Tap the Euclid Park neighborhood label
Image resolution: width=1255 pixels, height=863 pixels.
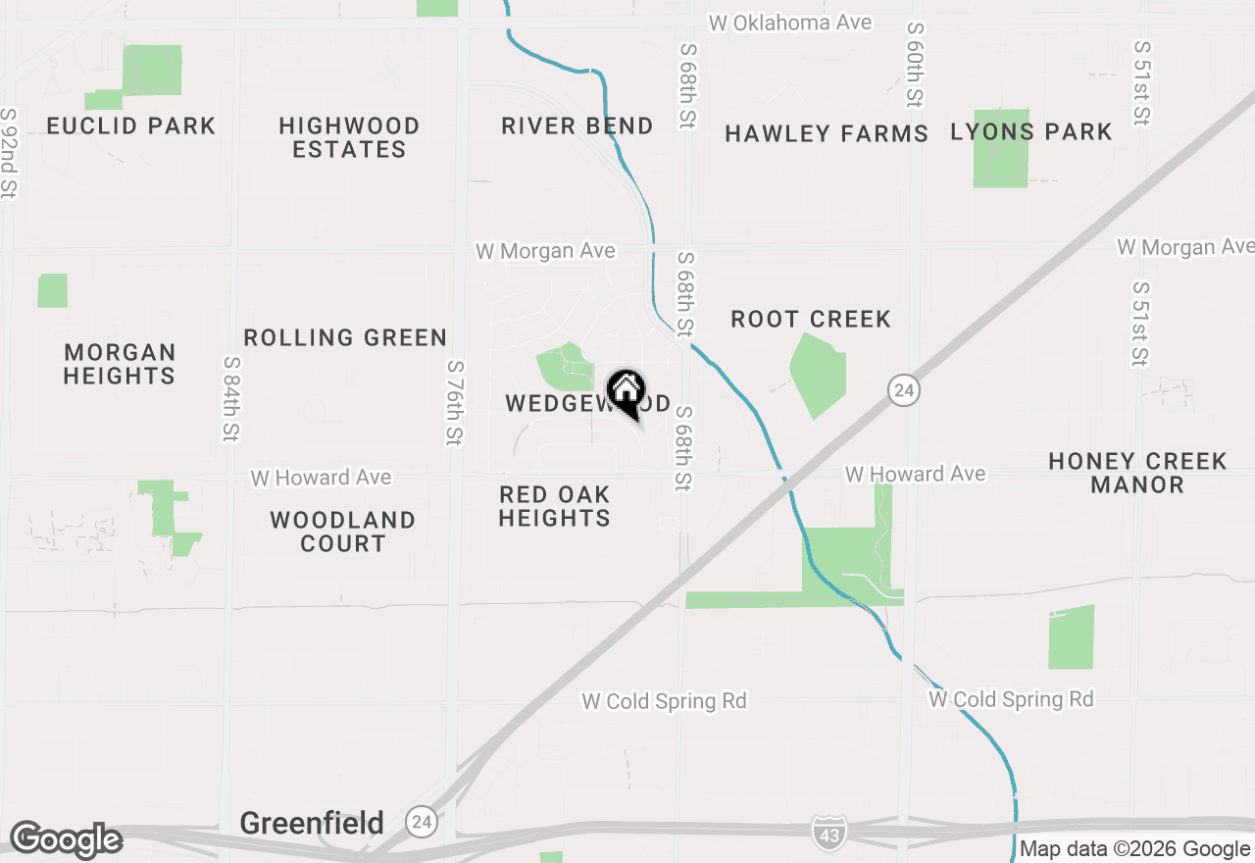(x=131, y=127)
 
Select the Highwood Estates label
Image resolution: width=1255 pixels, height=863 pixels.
(x=349, y=138)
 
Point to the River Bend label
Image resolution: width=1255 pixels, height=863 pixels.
(x=577, y=127)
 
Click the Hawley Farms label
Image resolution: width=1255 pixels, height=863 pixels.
(x=827, y=134)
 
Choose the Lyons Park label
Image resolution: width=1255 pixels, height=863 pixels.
(x=1031, y=132)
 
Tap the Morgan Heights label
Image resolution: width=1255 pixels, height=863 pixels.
(x=120, y=364)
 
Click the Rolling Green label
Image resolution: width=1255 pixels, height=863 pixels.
(x=345, y=338)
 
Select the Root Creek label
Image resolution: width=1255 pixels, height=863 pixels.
(x=811, y=320)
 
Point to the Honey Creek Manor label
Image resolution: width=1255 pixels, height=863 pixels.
(x=1137, y=473)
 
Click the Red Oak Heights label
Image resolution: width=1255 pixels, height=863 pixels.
(x=555, y=506)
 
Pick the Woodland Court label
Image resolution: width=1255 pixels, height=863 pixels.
(x=343, y=532)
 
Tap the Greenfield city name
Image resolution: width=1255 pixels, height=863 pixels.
(x=312, y=823)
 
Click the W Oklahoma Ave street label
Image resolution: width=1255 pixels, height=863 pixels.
(x=790, y=23)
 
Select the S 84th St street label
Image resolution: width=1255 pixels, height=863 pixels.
(x=231, y=398)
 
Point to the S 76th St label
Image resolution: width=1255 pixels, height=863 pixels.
(x=454, y=402)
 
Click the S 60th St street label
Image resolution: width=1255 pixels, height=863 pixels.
(x=915, y=65)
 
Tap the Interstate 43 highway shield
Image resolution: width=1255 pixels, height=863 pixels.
(x=827, y=832)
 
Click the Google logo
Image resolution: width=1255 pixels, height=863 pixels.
(x=66, y=840)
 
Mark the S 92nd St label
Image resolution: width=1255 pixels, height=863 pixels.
(x=9, y=153)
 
